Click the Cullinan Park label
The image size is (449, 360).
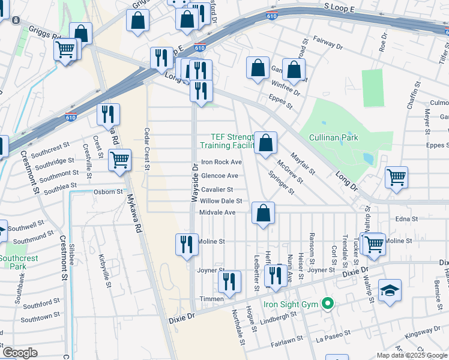333,137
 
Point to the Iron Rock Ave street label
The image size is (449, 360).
221,162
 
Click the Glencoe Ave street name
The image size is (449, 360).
219,176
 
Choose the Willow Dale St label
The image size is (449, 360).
221,201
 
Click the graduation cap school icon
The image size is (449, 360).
390,290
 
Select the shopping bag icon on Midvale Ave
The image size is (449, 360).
263,213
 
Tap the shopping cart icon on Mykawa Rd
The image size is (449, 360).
120,160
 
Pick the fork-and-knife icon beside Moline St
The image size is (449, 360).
187,244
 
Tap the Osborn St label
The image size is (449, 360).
108,192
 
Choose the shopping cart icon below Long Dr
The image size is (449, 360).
396,177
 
